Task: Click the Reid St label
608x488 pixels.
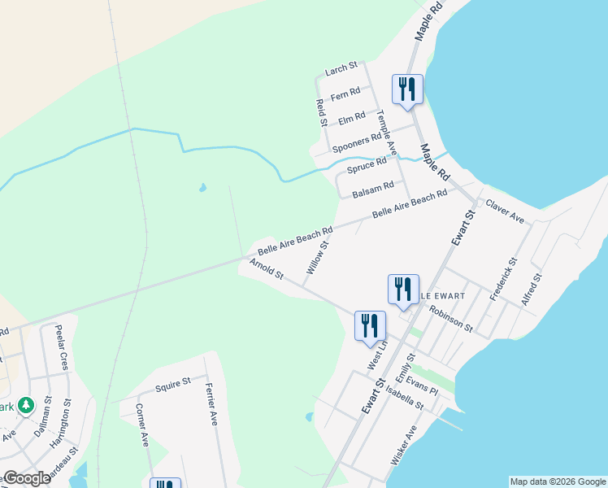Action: click(320, 112)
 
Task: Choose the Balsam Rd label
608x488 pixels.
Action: click(373, 190)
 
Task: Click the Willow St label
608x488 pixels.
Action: click(317, 256)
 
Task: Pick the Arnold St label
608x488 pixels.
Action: click(267, 270)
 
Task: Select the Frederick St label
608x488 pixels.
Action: click(502, 281)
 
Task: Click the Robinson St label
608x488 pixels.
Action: click(451, 319)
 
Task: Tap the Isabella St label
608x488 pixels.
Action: click(405, 398)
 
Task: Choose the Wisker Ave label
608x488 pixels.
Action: click(404, 445)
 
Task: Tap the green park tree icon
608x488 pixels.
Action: click(26, 405)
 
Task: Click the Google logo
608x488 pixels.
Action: click(26, 477)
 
